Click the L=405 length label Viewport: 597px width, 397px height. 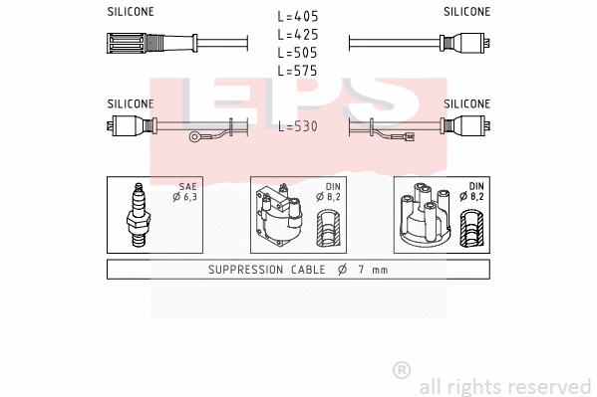pos(298,17)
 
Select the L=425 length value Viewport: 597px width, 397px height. pos(298,35)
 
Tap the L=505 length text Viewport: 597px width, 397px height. pos(298,53)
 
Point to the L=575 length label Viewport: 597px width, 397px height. pos(298,71)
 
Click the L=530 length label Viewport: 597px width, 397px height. pos(298,126)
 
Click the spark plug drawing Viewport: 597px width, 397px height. pos(139,215)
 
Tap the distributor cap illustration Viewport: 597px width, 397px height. pos(423,215)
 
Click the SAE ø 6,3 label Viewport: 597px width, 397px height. pos(185,192)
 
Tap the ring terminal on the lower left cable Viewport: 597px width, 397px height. pos(198,137)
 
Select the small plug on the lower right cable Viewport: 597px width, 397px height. pos(409,137)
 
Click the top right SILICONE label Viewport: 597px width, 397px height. pos(466,12)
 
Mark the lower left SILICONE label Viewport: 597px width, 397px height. pos(131,103)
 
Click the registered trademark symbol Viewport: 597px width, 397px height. pos(402,371)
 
